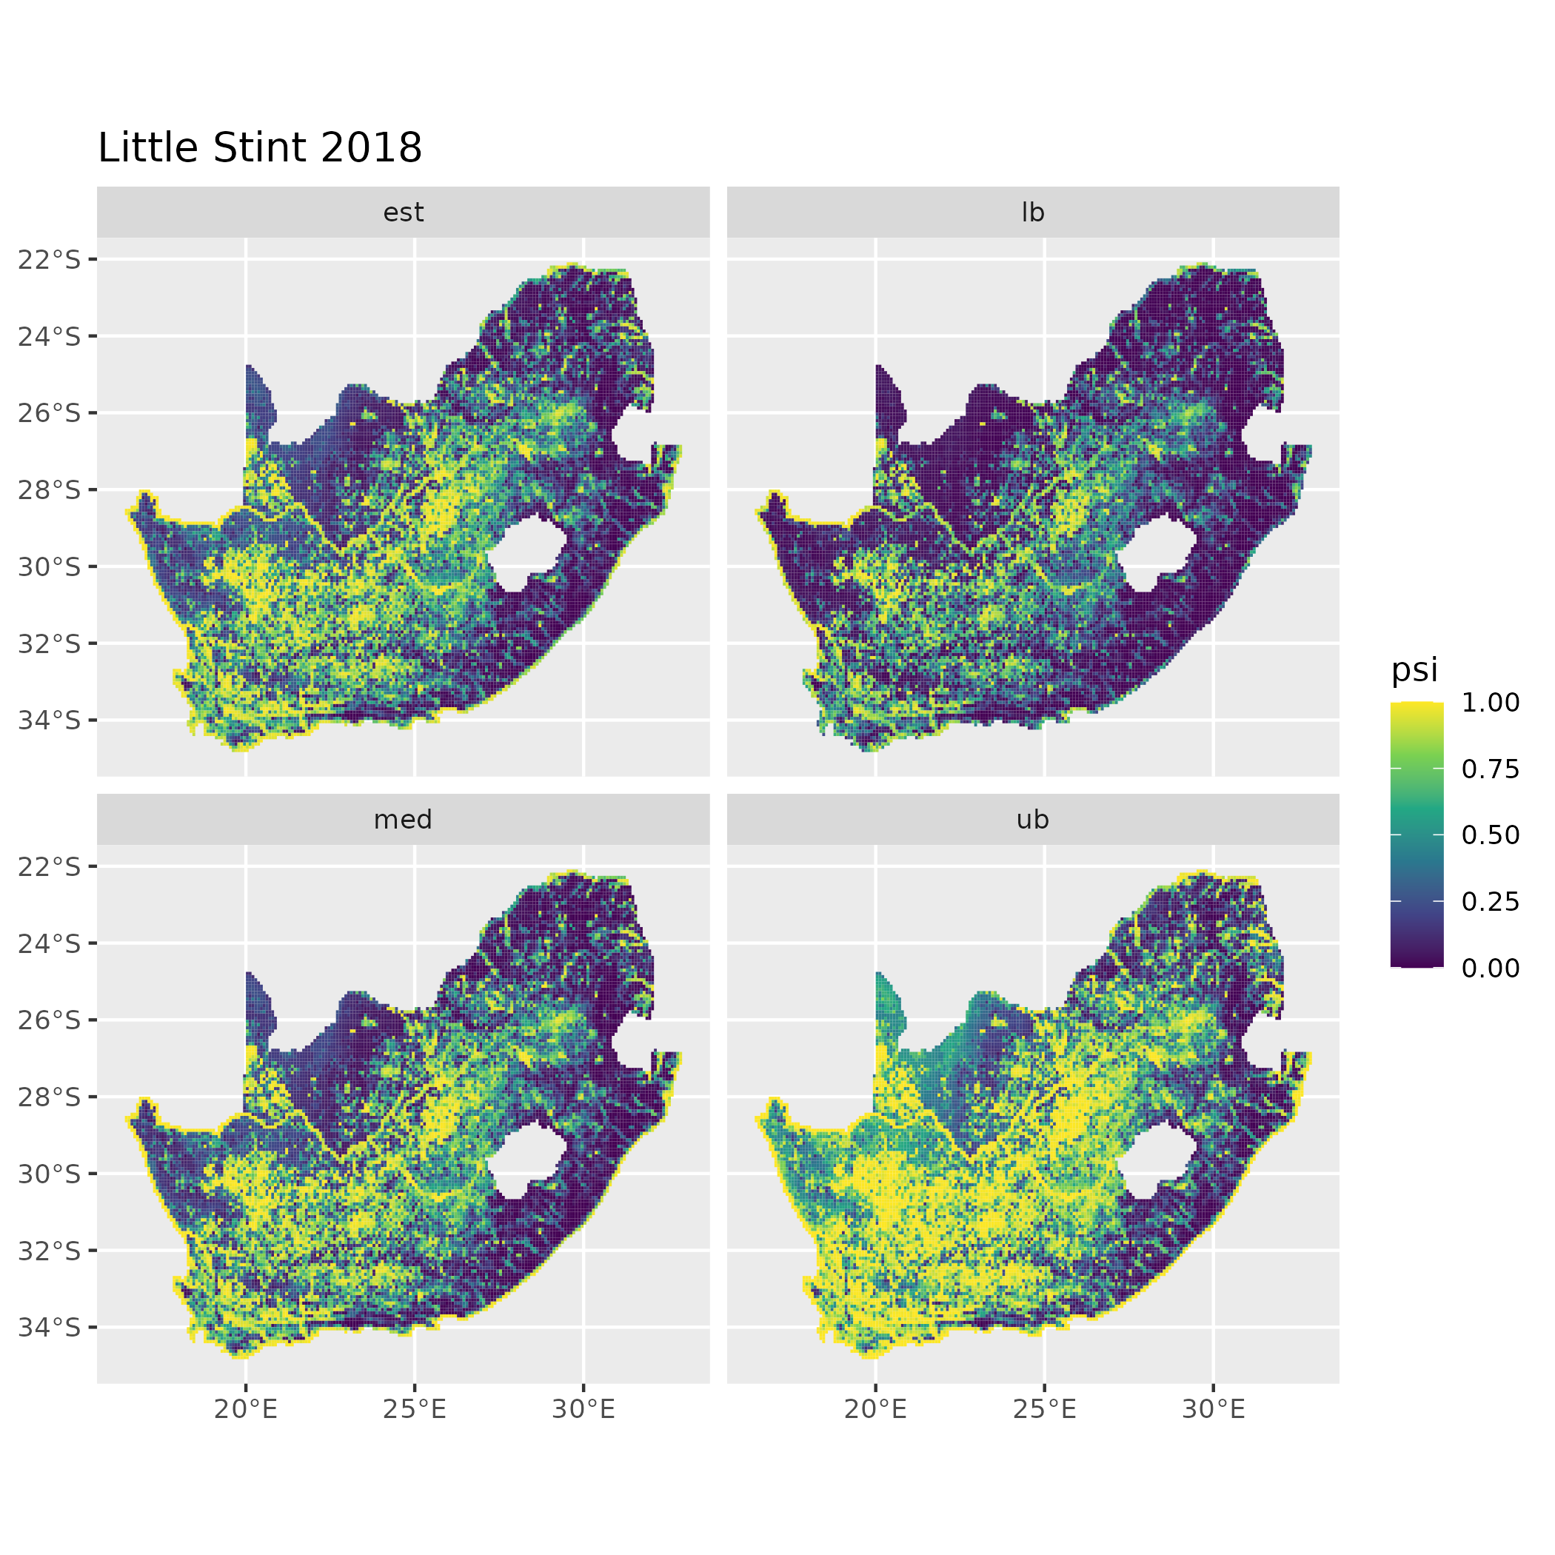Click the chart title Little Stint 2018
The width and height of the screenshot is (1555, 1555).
click(259, 148)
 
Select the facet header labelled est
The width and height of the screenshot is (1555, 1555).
click(404, 213)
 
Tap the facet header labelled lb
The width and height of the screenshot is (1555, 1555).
click(1033, 213)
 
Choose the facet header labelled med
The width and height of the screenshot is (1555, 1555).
click(404, 820)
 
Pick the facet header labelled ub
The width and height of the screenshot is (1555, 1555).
click(1033, 820)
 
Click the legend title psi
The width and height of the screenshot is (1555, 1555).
click(1414, 669)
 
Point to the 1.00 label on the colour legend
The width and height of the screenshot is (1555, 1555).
click(1490, 703)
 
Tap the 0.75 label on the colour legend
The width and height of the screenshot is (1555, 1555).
click(1490, 769)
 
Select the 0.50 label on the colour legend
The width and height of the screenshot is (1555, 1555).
click(1490, 835)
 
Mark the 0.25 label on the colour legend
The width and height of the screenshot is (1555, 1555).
click(1490, 901)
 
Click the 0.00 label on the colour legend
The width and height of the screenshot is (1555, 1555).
click(1490, 969)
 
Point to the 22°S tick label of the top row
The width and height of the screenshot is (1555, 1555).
click(49, 259)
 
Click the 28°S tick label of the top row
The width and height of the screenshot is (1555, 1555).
click(49, 489)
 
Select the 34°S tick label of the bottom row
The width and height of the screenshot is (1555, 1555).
click(49, 1327)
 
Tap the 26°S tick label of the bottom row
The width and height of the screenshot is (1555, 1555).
click(49, 1020)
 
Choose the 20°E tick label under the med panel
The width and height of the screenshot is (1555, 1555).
click(246, 1409)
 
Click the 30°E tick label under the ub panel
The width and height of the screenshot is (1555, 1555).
click(1213, 1409)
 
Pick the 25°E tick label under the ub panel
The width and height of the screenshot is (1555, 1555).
click(1044, 1409)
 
